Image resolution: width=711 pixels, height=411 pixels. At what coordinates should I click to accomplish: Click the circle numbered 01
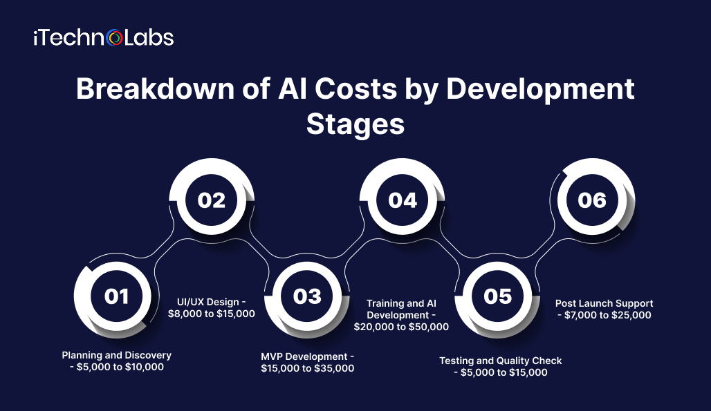point(116,296)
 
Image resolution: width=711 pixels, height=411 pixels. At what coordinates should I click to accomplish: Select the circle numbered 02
point(212,200)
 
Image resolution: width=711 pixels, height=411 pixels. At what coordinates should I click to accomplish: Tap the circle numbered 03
point(307,296)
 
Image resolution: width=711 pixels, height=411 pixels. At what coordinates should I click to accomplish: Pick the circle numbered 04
point(403,200)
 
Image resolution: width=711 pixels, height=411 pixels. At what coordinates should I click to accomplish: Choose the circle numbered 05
point(497,296)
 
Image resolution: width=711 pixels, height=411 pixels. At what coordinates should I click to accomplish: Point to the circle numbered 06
point(592,200)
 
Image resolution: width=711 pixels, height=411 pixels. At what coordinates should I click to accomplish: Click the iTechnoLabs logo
point(103,37)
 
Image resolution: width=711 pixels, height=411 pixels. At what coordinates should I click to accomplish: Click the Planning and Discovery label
point(116,355)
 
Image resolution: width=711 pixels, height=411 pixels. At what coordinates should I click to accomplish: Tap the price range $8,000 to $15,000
point(212,314)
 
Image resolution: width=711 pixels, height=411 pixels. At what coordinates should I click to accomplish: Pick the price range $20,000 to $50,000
point(401,327)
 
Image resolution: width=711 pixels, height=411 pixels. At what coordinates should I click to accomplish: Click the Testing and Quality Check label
point(501,361)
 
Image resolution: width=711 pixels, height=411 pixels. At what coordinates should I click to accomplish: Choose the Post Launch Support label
point(604,303)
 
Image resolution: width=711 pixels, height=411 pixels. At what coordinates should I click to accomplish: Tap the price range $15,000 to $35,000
point(307,368)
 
